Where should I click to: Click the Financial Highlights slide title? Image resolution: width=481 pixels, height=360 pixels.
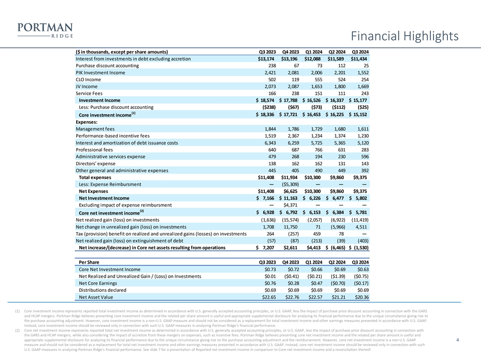(x=404, y=36)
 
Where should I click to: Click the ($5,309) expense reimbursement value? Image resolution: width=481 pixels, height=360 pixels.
(x=289, y=184)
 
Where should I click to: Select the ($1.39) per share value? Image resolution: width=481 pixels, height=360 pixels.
(x=335, y=276)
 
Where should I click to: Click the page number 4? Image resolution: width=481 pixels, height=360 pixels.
(x=458, y=340)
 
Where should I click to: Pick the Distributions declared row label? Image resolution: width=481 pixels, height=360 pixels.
(x=103, y=290)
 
